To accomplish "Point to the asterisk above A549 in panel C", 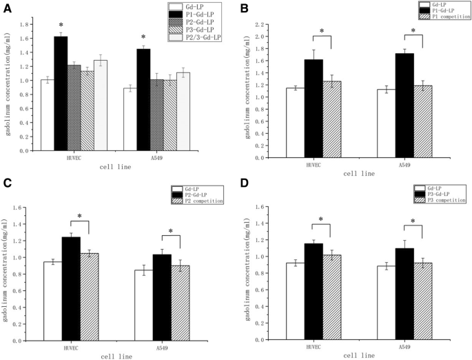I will [170, 231].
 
